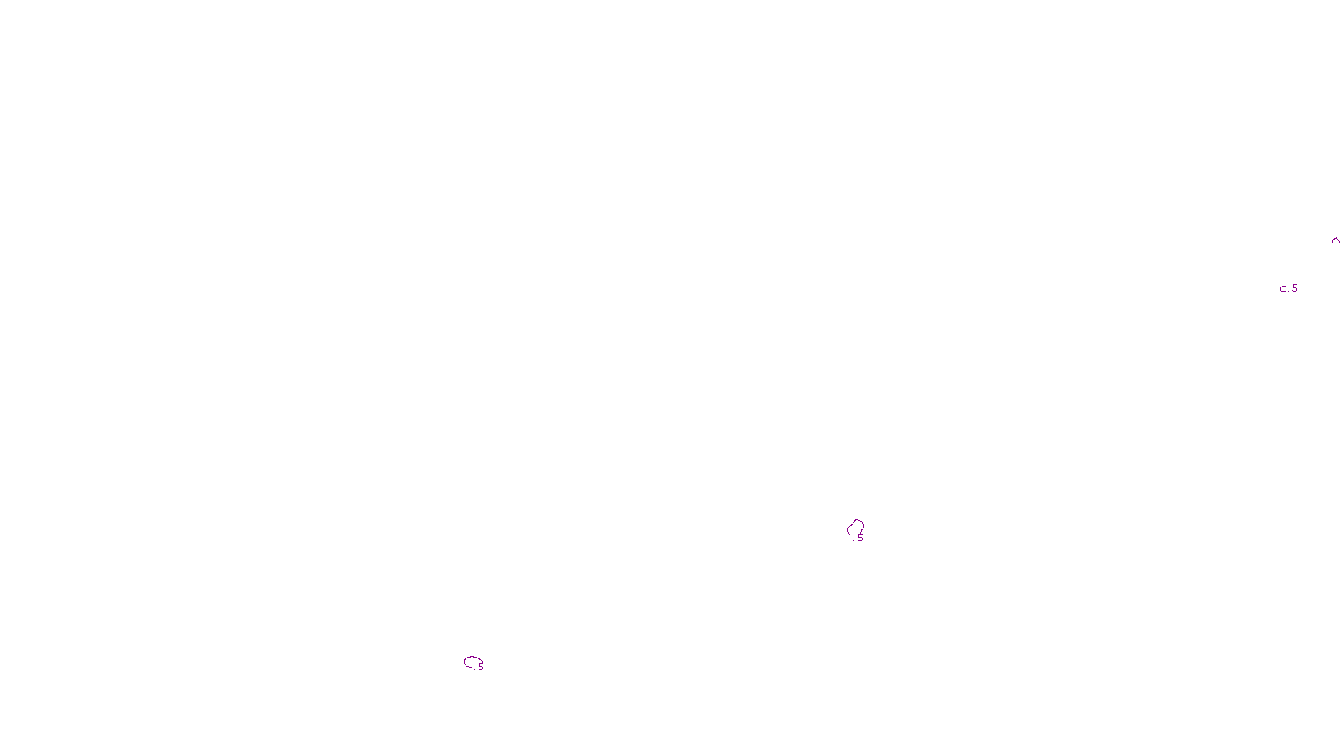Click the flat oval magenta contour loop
click(x=472, y=662)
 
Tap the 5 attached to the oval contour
click(x=482, y=667)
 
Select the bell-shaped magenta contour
click(x=855, y=527)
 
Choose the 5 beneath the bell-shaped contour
click(x=860, y=538)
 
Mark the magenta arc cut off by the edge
click(x=1335, y=244)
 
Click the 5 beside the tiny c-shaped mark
click(x=1295, y=288)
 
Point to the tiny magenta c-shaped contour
click(x=1282, y=289)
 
